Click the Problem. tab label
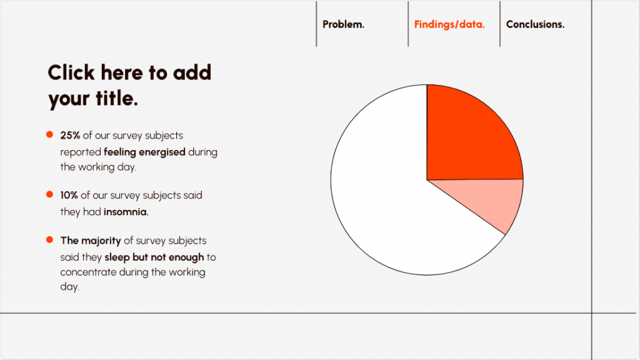343,24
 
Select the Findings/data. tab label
449,24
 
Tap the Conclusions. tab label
535,24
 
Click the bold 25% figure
70,135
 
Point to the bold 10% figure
69,195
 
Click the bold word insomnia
126,212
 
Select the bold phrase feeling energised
144,151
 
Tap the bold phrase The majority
90,241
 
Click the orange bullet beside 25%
49,135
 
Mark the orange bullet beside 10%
49,195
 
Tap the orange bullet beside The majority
49,241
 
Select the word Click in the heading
71,72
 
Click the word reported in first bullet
81,151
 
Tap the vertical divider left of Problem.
316,24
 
